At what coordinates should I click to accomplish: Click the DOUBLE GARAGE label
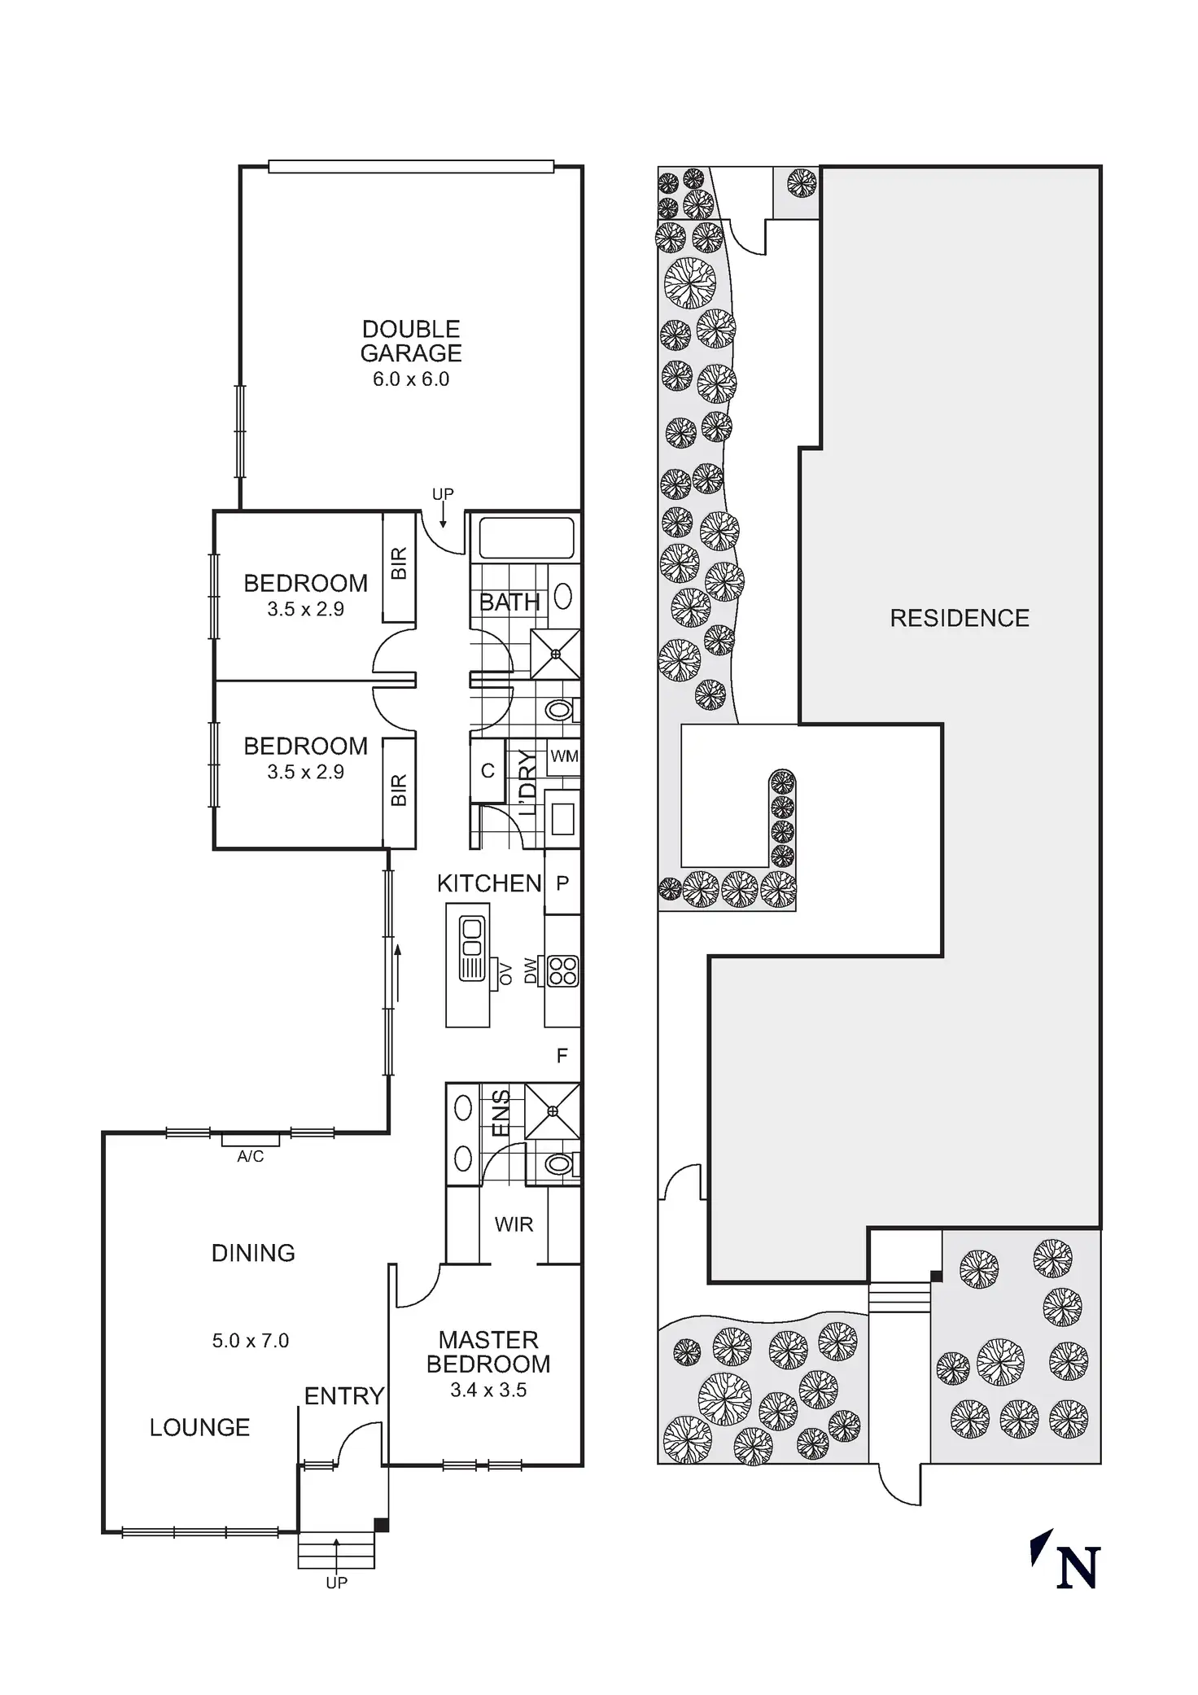click(x=411, y=341)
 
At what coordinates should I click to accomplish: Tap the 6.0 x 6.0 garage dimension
click(x=411, y=379)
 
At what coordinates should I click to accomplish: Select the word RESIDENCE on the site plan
click(x=960, y=619)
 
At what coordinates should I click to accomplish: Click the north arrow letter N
click(x=1078, y=1568)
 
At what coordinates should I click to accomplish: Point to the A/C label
click(x=251, y=1157)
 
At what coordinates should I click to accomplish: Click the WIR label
click(x=514, y=1224)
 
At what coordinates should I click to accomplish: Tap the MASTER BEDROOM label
click(x=488, y=1352)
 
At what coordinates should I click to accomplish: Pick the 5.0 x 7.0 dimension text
click(x=251, y=1341)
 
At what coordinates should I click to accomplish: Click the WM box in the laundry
click(x=564, y=756)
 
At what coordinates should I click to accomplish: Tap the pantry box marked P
click(x=562, y=883)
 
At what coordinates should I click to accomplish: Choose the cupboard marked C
click(x=488, y=770)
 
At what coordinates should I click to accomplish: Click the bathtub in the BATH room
click(x=526, y=538)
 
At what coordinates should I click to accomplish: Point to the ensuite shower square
click(x=553, y=1110)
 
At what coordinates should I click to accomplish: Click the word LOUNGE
click(x=199, y=1428)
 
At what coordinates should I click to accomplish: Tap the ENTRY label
click(x=343, y=1397)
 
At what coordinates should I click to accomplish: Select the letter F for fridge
click(x=562, y=1056)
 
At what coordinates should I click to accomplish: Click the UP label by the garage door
click(x=443, y=494)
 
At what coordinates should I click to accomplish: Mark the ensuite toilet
click(x=559, y=1165)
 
